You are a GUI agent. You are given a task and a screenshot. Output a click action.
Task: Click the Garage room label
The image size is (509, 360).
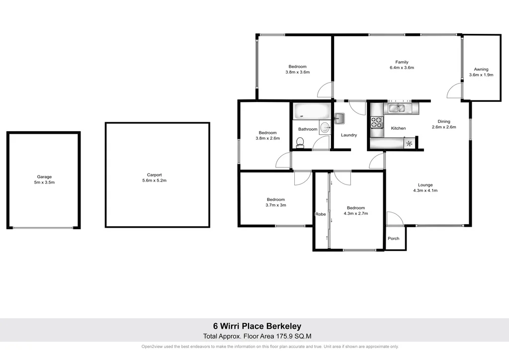point(44,177)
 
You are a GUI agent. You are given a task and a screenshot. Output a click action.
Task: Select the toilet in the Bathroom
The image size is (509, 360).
point(300,143)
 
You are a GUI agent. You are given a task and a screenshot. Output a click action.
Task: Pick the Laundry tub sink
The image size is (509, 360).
point(340,118)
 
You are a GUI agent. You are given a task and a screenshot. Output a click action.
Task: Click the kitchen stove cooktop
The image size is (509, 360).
point(376,121)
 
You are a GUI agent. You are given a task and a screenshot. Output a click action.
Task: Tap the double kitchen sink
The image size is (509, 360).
point(400,108)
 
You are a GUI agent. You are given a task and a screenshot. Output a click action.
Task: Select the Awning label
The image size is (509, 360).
point(481,69)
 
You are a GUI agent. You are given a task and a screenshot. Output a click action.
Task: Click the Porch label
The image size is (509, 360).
point(394,239)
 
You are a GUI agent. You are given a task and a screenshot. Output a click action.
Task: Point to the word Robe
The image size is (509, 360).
point(320,214)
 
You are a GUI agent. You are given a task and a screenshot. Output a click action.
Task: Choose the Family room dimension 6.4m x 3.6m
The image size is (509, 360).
point(402,68)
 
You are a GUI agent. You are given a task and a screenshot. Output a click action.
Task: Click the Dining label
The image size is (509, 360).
point(444,121)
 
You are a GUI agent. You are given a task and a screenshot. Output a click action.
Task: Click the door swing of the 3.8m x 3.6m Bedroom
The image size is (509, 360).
point(324,90)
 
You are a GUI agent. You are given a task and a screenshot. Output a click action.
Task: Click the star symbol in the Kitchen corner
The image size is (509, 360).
point(409,144)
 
